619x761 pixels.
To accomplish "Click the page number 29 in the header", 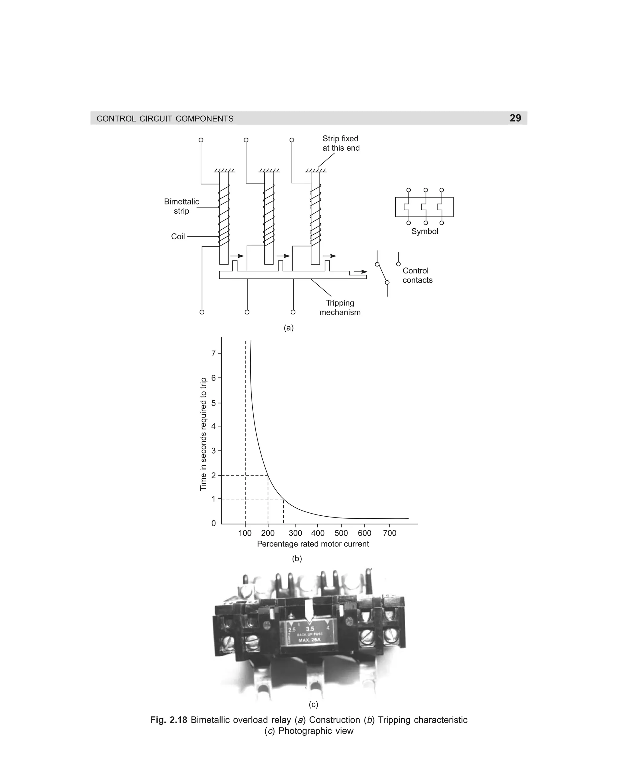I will [515, 118].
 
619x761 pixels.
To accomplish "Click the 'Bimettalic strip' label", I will [181, 206].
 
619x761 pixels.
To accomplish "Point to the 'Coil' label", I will [178, 237].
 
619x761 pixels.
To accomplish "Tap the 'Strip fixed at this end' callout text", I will [341, 143].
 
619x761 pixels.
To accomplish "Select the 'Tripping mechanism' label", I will [340, 308].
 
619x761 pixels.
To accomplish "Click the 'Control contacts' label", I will [417, 276].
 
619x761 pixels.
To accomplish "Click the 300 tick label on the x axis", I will [295, 533].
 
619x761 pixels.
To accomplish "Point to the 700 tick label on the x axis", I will [389, 533].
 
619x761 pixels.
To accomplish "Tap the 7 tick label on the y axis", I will [214, 354].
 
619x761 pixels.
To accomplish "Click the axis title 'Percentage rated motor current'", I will [313, 544].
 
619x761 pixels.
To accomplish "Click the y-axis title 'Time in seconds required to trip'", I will [203, 434].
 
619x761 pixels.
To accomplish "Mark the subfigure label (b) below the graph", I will [297, 558].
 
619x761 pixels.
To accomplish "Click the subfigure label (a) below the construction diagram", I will [288, 328].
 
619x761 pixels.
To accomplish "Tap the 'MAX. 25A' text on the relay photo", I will [309, 640].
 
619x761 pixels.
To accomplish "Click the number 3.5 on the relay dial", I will [310, 629].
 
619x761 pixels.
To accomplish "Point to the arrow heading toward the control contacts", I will [361, 272].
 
